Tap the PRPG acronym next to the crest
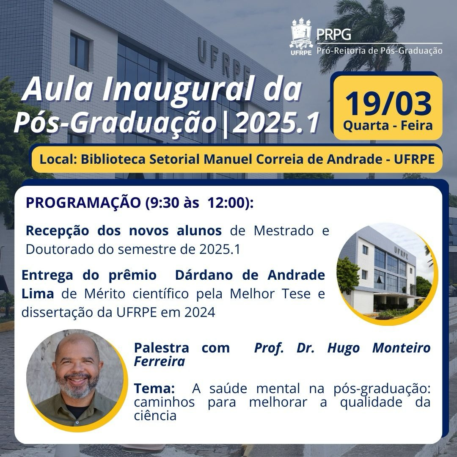pos(334,34)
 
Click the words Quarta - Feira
pos(388,126)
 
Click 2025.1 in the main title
pos(276,123)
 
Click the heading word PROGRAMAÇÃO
pos(83,203)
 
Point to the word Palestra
pos(161,348)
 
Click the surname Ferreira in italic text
pos(160,362)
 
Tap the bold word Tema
pos(154,388)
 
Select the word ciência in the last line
pos(155,415)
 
